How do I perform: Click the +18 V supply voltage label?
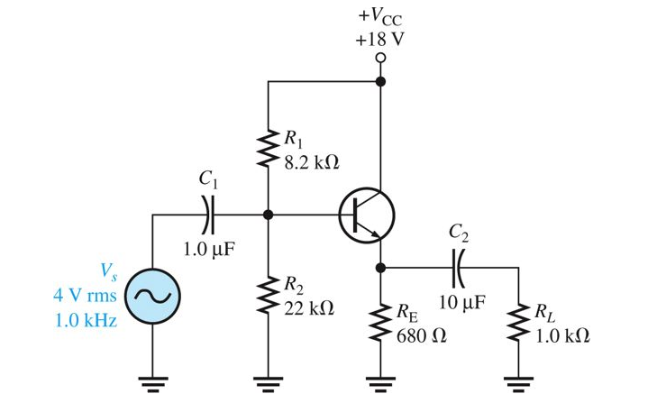tap(380, 40)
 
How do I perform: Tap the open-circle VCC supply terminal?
tap(380, 58)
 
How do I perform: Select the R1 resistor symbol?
tap(267, 150)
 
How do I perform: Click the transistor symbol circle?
tap(366, 215)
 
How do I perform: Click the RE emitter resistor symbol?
tap(380, 323)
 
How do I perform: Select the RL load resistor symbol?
tap(519, 323)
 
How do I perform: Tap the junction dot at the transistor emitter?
tap(380, 267)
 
